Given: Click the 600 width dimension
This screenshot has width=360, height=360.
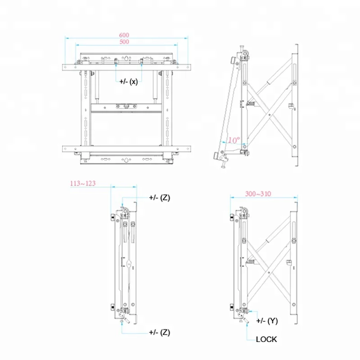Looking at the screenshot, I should click(x=125, y=35).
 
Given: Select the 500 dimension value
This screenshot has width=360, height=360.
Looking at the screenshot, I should click(x=125, y=42).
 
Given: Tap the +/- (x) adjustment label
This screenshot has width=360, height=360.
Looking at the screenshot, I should click(x=129, y=81).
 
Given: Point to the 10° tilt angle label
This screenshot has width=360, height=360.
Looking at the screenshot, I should click(x=233, y=140).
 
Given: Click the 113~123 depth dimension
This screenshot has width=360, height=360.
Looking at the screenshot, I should click(x=83, y=184).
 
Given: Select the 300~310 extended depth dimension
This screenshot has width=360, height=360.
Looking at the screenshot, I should click(x=258, y=194).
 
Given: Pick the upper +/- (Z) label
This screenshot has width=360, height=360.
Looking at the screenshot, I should click(x=159, y=198).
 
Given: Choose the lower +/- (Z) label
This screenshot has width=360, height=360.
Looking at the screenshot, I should click(x=159, y=332).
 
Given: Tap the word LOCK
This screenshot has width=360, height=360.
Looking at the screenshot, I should click(x=267, y=339).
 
